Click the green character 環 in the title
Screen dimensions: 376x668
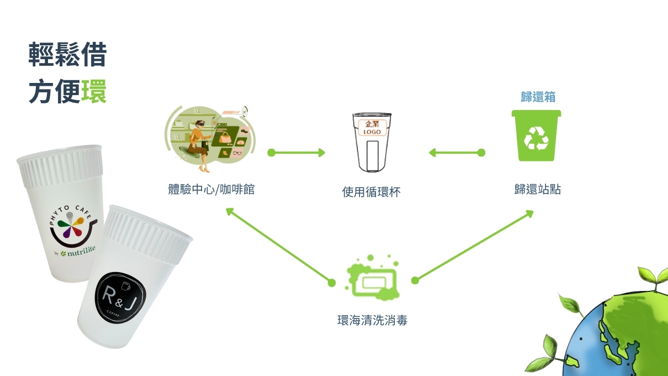coord(94,92)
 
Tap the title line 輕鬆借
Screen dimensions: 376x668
coord(67,56)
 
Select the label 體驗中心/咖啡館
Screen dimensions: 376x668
coord(211,190)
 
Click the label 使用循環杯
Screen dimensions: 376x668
coord(371,192)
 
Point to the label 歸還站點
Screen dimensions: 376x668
coord(537,190)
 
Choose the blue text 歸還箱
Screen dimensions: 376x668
coord(538,97)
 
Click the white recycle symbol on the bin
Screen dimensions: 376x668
coord(536,138)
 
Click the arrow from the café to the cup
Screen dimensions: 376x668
coord(296,153)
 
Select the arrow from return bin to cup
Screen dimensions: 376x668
coord(457,152)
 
